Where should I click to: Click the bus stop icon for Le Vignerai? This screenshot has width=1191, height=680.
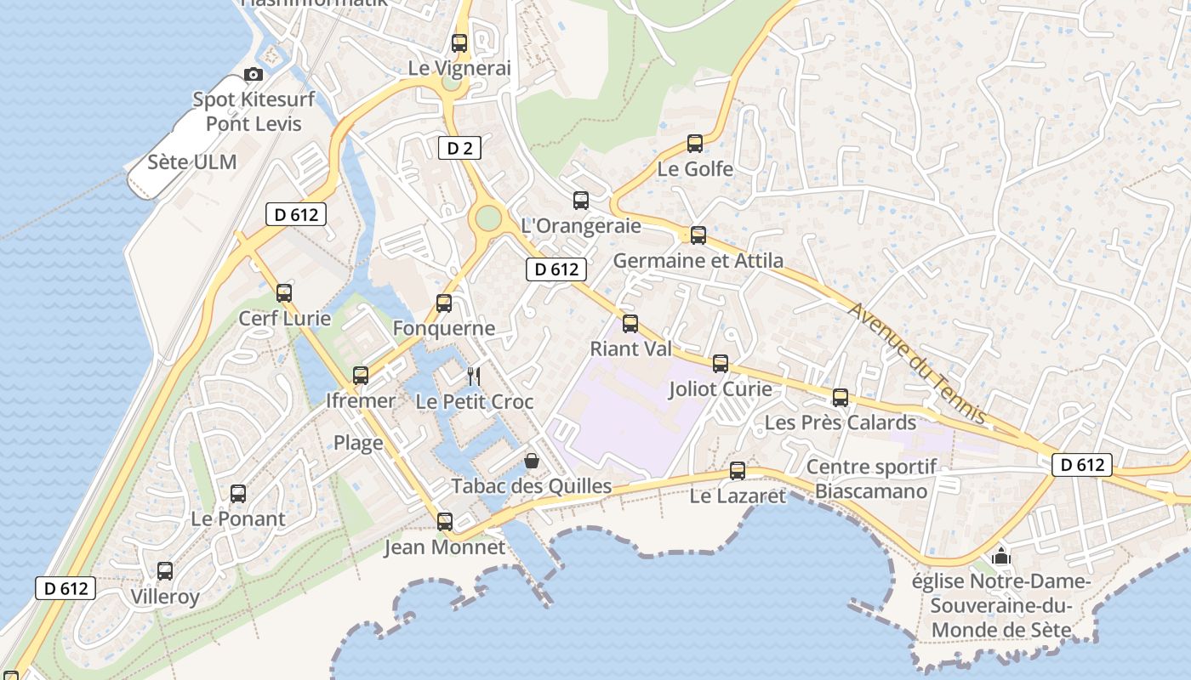tap(459, 42)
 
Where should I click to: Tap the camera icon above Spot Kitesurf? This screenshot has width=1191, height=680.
tap(253, 75)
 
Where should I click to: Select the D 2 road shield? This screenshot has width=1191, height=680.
tap(459, 148)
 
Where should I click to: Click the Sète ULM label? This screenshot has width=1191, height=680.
tap(192, 161)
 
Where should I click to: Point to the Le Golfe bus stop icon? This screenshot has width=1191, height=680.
tap(695, 143)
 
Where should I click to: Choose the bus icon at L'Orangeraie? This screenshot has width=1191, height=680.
tap(581, 201)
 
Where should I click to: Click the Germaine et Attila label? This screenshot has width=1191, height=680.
tap(698, 260)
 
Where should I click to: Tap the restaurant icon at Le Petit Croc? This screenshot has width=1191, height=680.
tap(474, 376)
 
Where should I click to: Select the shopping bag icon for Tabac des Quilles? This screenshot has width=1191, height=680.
tap(532, 461)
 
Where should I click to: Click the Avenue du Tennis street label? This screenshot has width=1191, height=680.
tap(917, 363)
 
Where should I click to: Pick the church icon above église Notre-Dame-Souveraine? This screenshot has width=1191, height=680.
tap(1001, 557)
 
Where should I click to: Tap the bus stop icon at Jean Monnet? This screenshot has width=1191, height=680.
tap(445, 521)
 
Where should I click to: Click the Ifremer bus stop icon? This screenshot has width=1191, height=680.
tap(361, 375)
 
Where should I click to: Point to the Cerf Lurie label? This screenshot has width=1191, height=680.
tap(284, 319)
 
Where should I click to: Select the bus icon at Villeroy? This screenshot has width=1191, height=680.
tap(165, 571)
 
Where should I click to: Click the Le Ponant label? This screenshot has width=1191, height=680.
tap(238, 518)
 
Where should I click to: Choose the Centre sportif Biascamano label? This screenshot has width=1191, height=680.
tap(871, 479)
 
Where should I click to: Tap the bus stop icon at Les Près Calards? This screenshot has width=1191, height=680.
tap(841, 397)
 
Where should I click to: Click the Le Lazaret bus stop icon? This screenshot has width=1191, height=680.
tap(738, 470)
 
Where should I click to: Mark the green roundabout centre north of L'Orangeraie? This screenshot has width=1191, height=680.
tap(488, 218)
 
